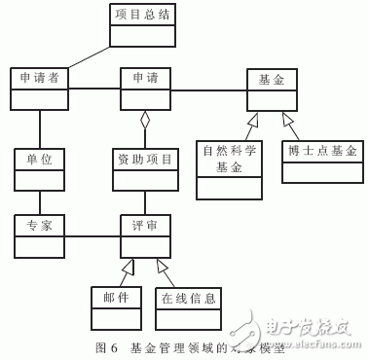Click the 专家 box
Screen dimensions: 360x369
(x=40, y=234)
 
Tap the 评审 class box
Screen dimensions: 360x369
(x=146, y=234)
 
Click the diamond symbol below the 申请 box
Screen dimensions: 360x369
(x=146, y=122)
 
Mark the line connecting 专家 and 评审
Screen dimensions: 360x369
(x=92, y=234)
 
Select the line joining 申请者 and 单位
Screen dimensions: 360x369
(x=40, y=126)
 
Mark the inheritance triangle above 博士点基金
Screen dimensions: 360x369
(x=286, y=119)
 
